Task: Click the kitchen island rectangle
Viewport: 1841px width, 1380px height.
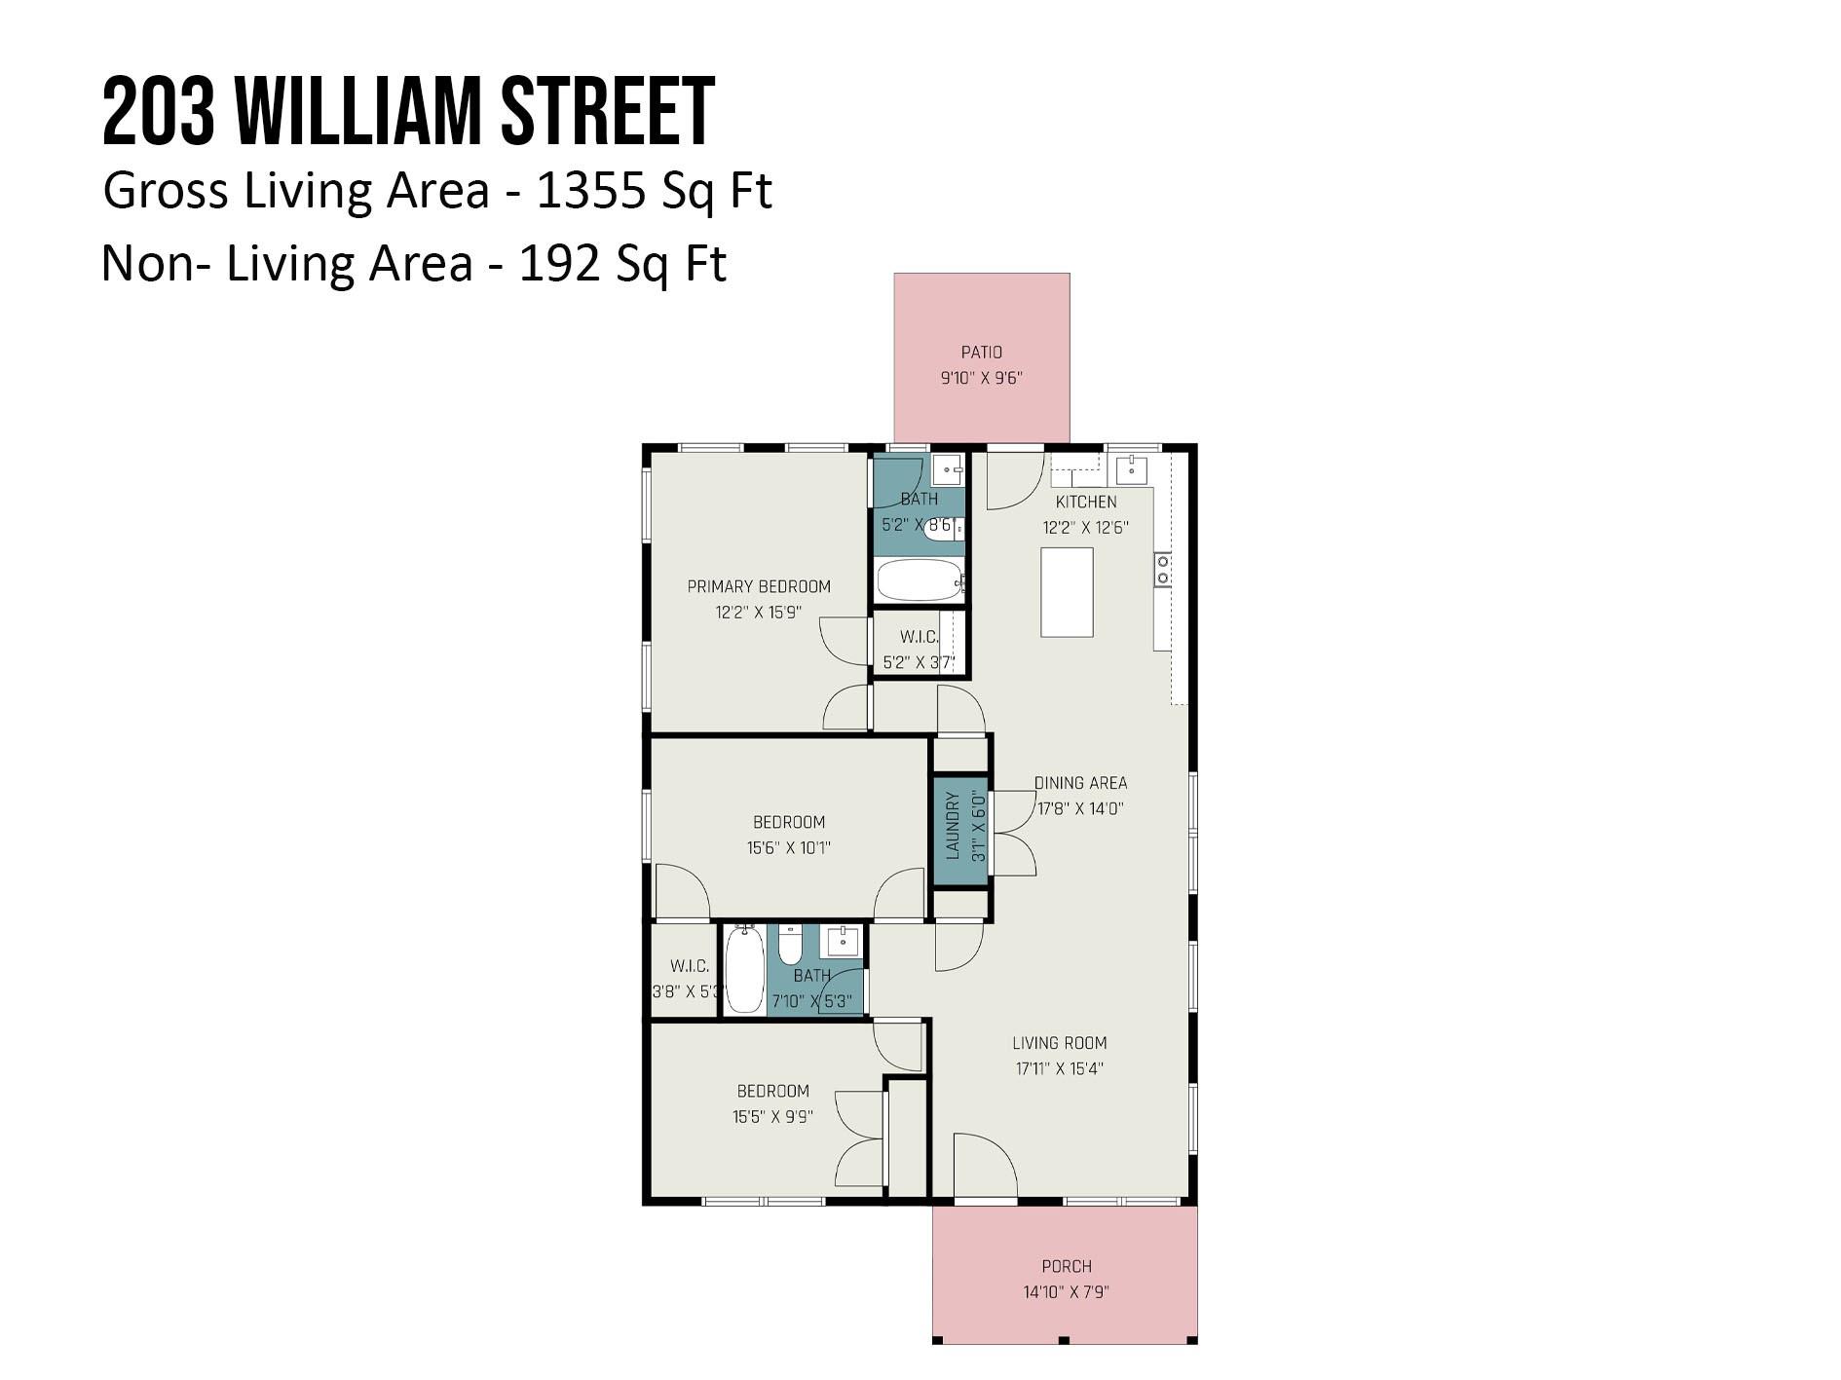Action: pyautogui.click(x=1067, y=592)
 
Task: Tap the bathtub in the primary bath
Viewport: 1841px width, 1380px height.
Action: pyautogui.click(x=920, y=580)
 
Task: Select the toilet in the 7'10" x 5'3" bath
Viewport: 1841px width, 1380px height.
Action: pyautogui.click(x=790, y=946)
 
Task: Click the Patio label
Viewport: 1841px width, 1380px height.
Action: pyautogui.click(x=981, y=353)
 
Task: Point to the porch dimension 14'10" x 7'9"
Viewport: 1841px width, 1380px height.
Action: pyautogui.click(x=1066, y=1292)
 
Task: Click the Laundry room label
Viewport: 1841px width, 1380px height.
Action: pyautogui.click(x=953, y=826)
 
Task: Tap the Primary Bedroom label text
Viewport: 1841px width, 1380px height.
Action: pyautogui.click(x=759, y=586)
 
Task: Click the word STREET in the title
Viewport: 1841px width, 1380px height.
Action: pyautogui.click(x=607, y=112)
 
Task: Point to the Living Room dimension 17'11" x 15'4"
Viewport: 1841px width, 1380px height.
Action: pyautogui.click(x=1059, y=1068)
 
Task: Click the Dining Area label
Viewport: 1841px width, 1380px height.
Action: pyautogui.click(x=1080, y=783)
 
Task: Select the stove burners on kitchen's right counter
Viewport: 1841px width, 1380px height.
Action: pyautogui.click(x=1162, y=570)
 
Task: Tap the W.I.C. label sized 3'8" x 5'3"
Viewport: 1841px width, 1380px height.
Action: pyautogui.click(x=689, y=966)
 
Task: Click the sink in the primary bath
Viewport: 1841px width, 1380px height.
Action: pyautogui.click(x=947, y=469)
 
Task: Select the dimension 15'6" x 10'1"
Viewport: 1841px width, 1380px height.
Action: pyautogui.click(x=788, y=847)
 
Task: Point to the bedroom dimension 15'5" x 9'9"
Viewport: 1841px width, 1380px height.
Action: pyautogui.click(x=772, y=1117)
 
